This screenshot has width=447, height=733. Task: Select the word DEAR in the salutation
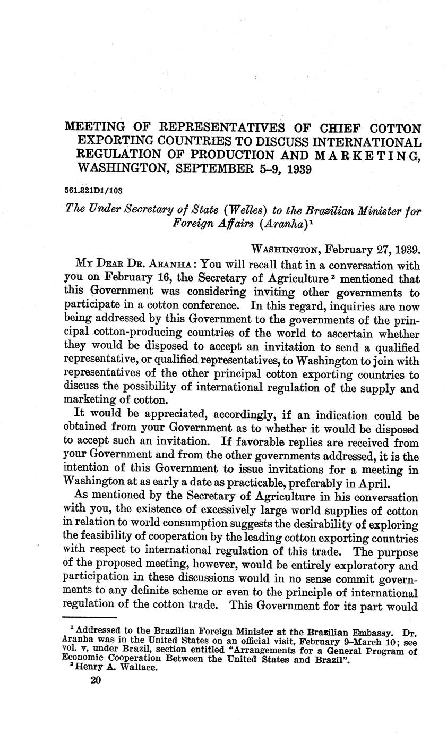(113, 265)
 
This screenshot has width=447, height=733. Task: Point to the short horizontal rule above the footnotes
(89, 617)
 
